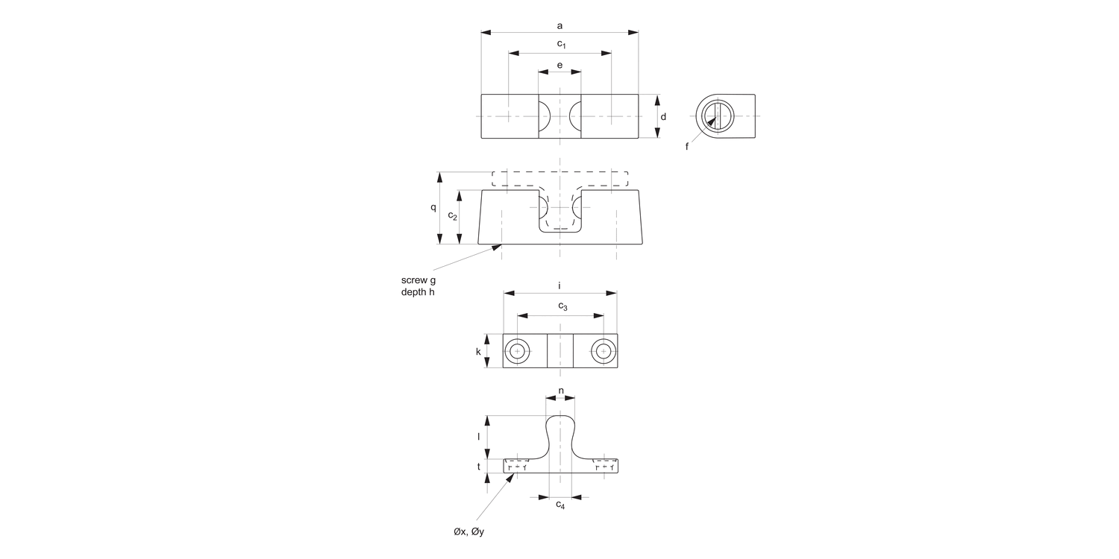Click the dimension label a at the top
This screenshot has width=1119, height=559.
click(559, 26)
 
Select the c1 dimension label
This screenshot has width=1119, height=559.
click(562, 45)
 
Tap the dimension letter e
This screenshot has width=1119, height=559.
click(559, 65)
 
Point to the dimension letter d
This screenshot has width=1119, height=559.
click(663, 117)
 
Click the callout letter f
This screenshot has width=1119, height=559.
click(687, 146)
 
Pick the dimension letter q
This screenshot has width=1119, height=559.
click(433, 208)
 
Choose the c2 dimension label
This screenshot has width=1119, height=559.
click(453, 215)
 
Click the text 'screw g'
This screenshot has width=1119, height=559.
click(418, 280)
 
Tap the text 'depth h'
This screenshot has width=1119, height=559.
click(418, 292)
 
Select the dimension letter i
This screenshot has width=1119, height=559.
click(559, 285)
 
